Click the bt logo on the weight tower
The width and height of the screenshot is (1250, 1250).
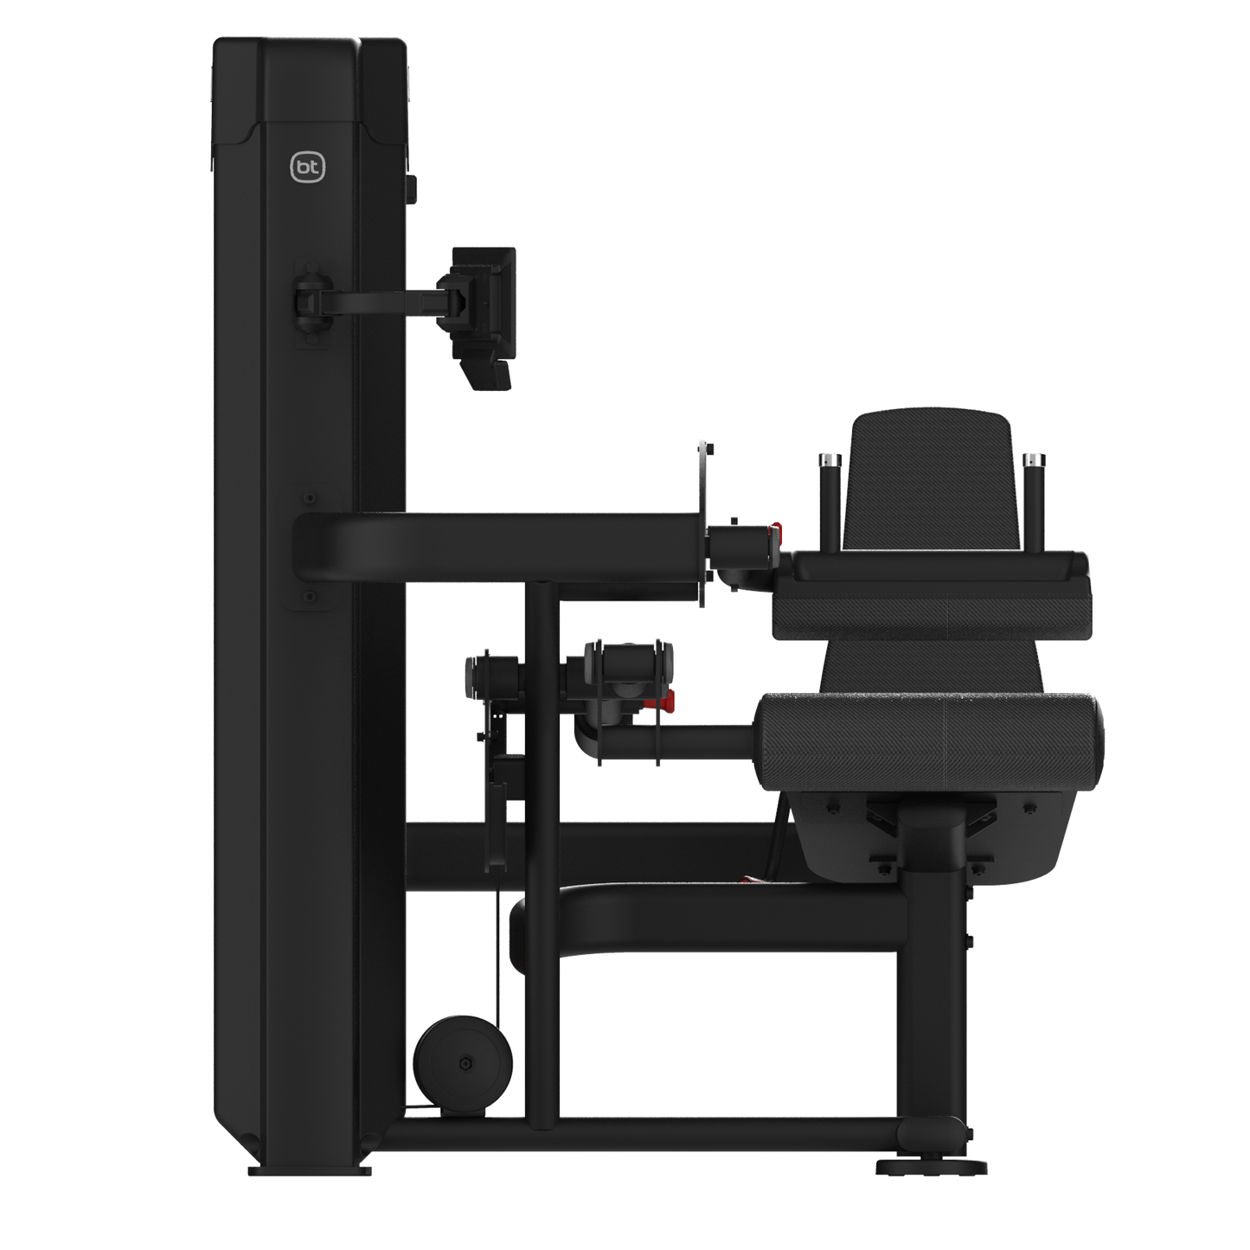pos(307,168)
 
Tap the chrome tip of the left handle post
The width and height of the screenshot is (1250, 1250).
pos(829,460)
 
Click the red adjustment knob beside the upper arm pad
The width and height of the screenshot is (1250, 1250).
pos(775,535)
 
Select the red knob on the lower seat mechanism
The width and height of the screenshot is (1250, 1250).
pos(667,700)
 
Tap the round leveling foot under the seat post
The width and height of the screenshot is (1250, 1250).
pos(932,1166)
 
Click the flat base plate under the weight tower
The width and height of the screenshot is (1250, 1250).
pos(310,1171)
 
